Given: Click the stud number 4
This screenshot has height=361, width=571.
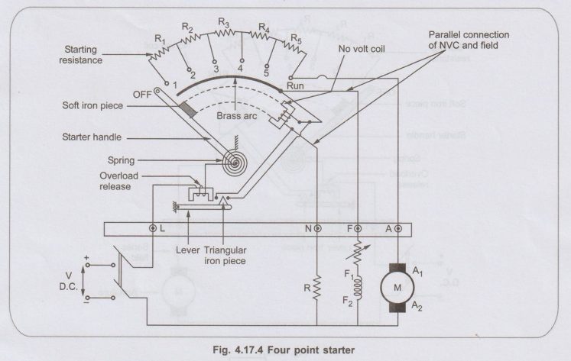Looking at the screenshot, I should click(242, 66).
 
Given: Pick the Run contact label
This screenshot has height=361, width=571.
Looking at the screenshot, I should click(295, 86).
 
